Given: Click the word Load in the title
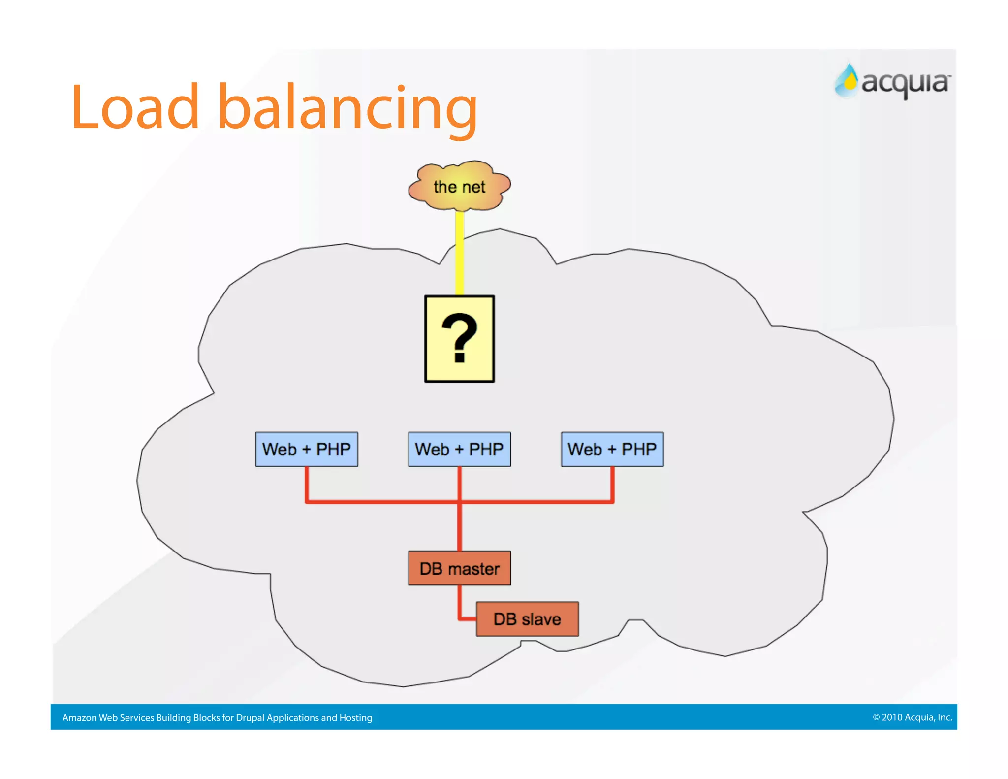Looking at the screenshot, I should coord(135,108).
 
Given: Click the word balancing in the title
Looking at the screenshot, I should coord(347,108).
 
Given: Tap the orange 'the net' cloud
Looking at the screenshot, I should coord(459,187).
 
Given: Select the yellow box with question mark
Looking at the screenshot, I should coord(459,339).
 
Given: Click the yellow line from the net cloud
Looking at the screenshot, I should coord(459,254).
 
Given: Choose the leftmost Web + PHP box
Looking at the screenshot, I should coord(306,449).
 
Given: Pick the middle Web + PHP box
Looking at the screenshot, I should coord(459,449).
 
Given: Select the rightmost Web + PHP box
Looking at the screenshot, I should coord(612,449).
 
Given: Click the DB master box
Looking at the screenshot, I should coord(459,568).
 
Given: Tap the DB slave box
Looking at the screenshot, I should coord(527,619).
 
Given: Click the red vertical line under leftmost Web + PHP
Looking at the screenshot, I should coord(307,484).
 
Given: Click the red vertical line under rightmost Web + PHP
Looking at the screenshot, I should coord(612,484).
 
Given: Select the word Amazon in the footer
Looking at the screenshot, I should coord(79,718).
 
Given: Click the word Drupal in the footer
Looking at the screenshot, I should coord(250,718).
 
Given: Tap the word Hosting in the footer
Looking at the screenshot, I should coord(355,718).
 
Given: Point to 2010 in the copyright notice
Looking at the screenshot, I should coord(891,717).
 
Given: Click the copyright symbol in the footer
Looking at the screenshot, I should coord(876,717).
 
